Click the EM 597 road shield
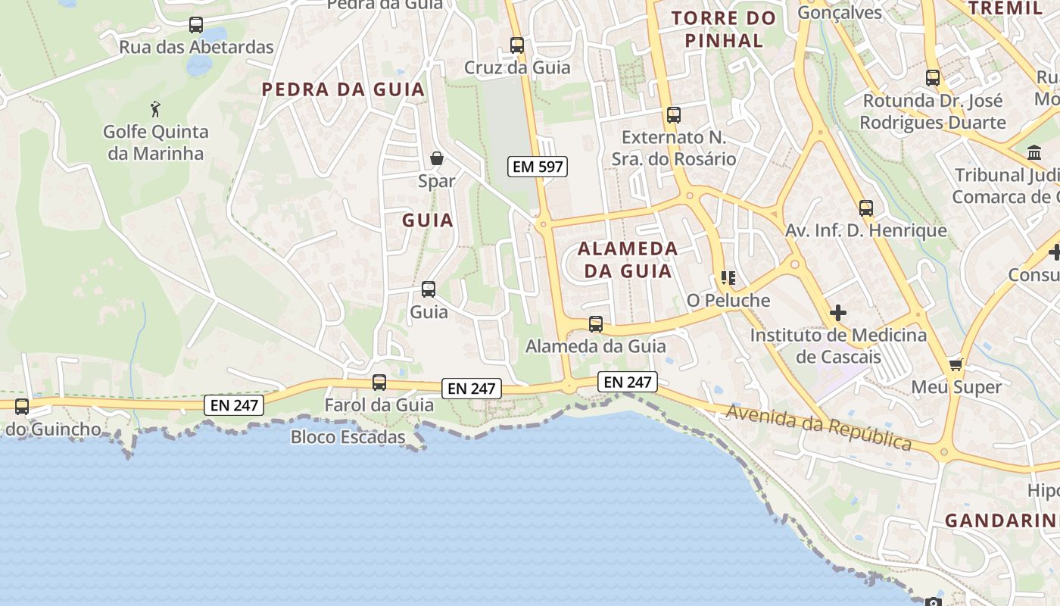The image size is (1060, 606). [x=538, y=167]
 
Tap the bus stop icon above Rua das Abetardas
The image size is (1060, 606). [x=196, y=25]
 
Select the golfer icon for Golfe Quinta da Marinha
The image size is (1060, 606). [x=156, y=109]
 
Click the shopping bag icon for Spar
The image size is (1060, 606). [x=437, y=158]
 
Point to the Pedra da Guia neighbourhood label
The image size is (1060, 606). [x=343, y=89]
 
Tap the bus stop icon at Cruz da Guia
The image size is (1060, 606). [x=517, y=45]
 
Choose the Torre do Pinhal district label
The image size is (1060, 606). [x=724, y=30]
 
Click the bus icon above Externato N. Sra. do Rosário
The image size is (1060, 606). [x=674, y=115]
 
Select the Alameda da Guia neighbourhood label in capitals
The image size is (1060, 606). [x=628, y=260]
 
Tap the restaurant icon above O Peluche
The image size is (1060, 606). [x=728, y=278]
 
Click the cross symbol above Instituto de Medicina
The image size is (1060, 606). [x=838, y=312]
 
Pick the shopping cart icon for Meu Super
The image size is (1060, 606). [x=956, y=364]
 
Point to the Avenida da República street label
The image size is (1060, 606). [x=818, y=427]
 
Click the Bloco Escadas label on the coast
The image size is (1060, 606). [x=348, y=437]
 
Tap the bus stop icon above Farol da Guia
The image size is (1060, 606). [x=379, y=383]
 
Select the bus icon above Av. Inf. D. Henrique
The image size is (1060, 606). [x=866, y=208]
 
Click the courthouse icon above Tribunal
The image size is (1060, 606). [x=1034, y=153]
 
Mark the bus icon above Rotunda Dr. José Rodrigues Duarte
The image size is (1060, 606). [x=933, y=78]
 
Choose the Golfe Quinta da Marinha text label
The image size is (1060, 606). [x=156, y=142]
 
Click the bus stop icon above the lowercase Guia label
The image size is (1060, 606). [x=429, y=289]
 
